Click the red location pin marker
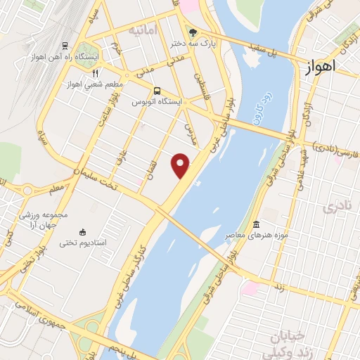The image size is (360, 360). [x=181, y=165]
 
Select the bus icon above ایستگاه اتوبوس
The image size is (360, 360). [x=156, y=91]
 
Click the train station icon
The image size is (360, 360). [x=65, y=46]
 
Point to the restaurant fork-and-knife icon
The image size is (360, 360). [x=96, y=72]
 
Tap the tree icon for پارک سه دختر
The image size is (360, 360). [x=193, y=32]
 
